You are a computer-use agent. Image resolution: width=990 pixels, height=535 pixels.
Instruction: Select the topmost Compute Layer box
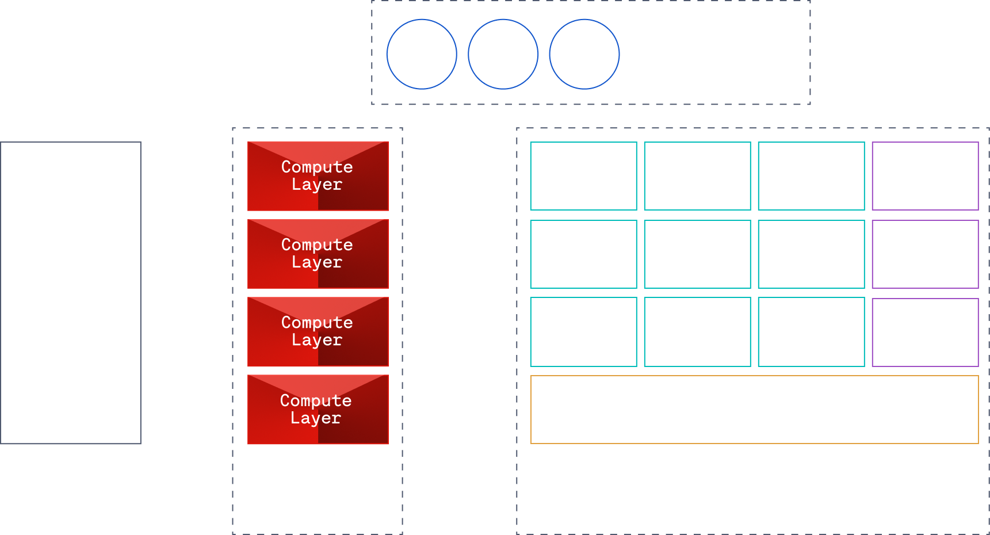click(318, 176)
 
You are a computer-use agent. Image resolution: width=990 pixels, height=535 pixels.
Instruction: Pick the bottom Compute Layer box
click(318, 410)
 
